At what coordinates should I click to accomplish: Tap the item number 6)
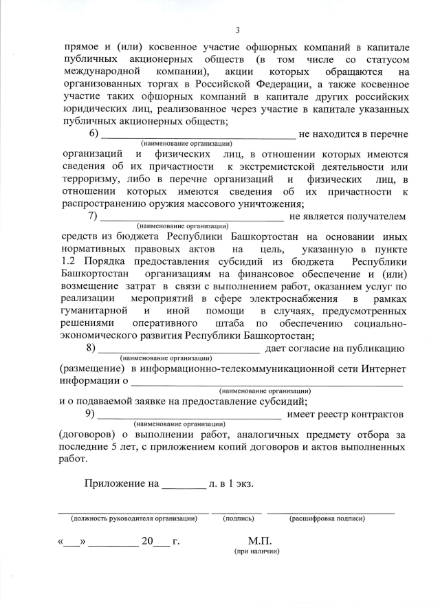coord(94,133)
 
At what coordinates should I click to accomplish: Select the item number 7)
coord(94,217)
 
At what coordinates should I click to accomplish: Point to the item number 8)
coord(94,349)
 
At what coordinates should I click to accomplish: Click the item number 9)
coord(94,415)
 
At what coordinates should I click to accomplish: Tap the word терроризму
coord(91,180)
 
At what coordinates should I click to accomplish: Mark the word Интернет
coord(382,369)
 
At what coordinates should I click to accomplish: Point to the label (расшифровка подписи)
coord(327,518)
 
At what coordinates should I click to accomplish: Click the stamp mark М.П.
coord(259,541)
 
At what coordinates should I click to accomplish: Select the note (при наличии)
coord(256,551)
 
